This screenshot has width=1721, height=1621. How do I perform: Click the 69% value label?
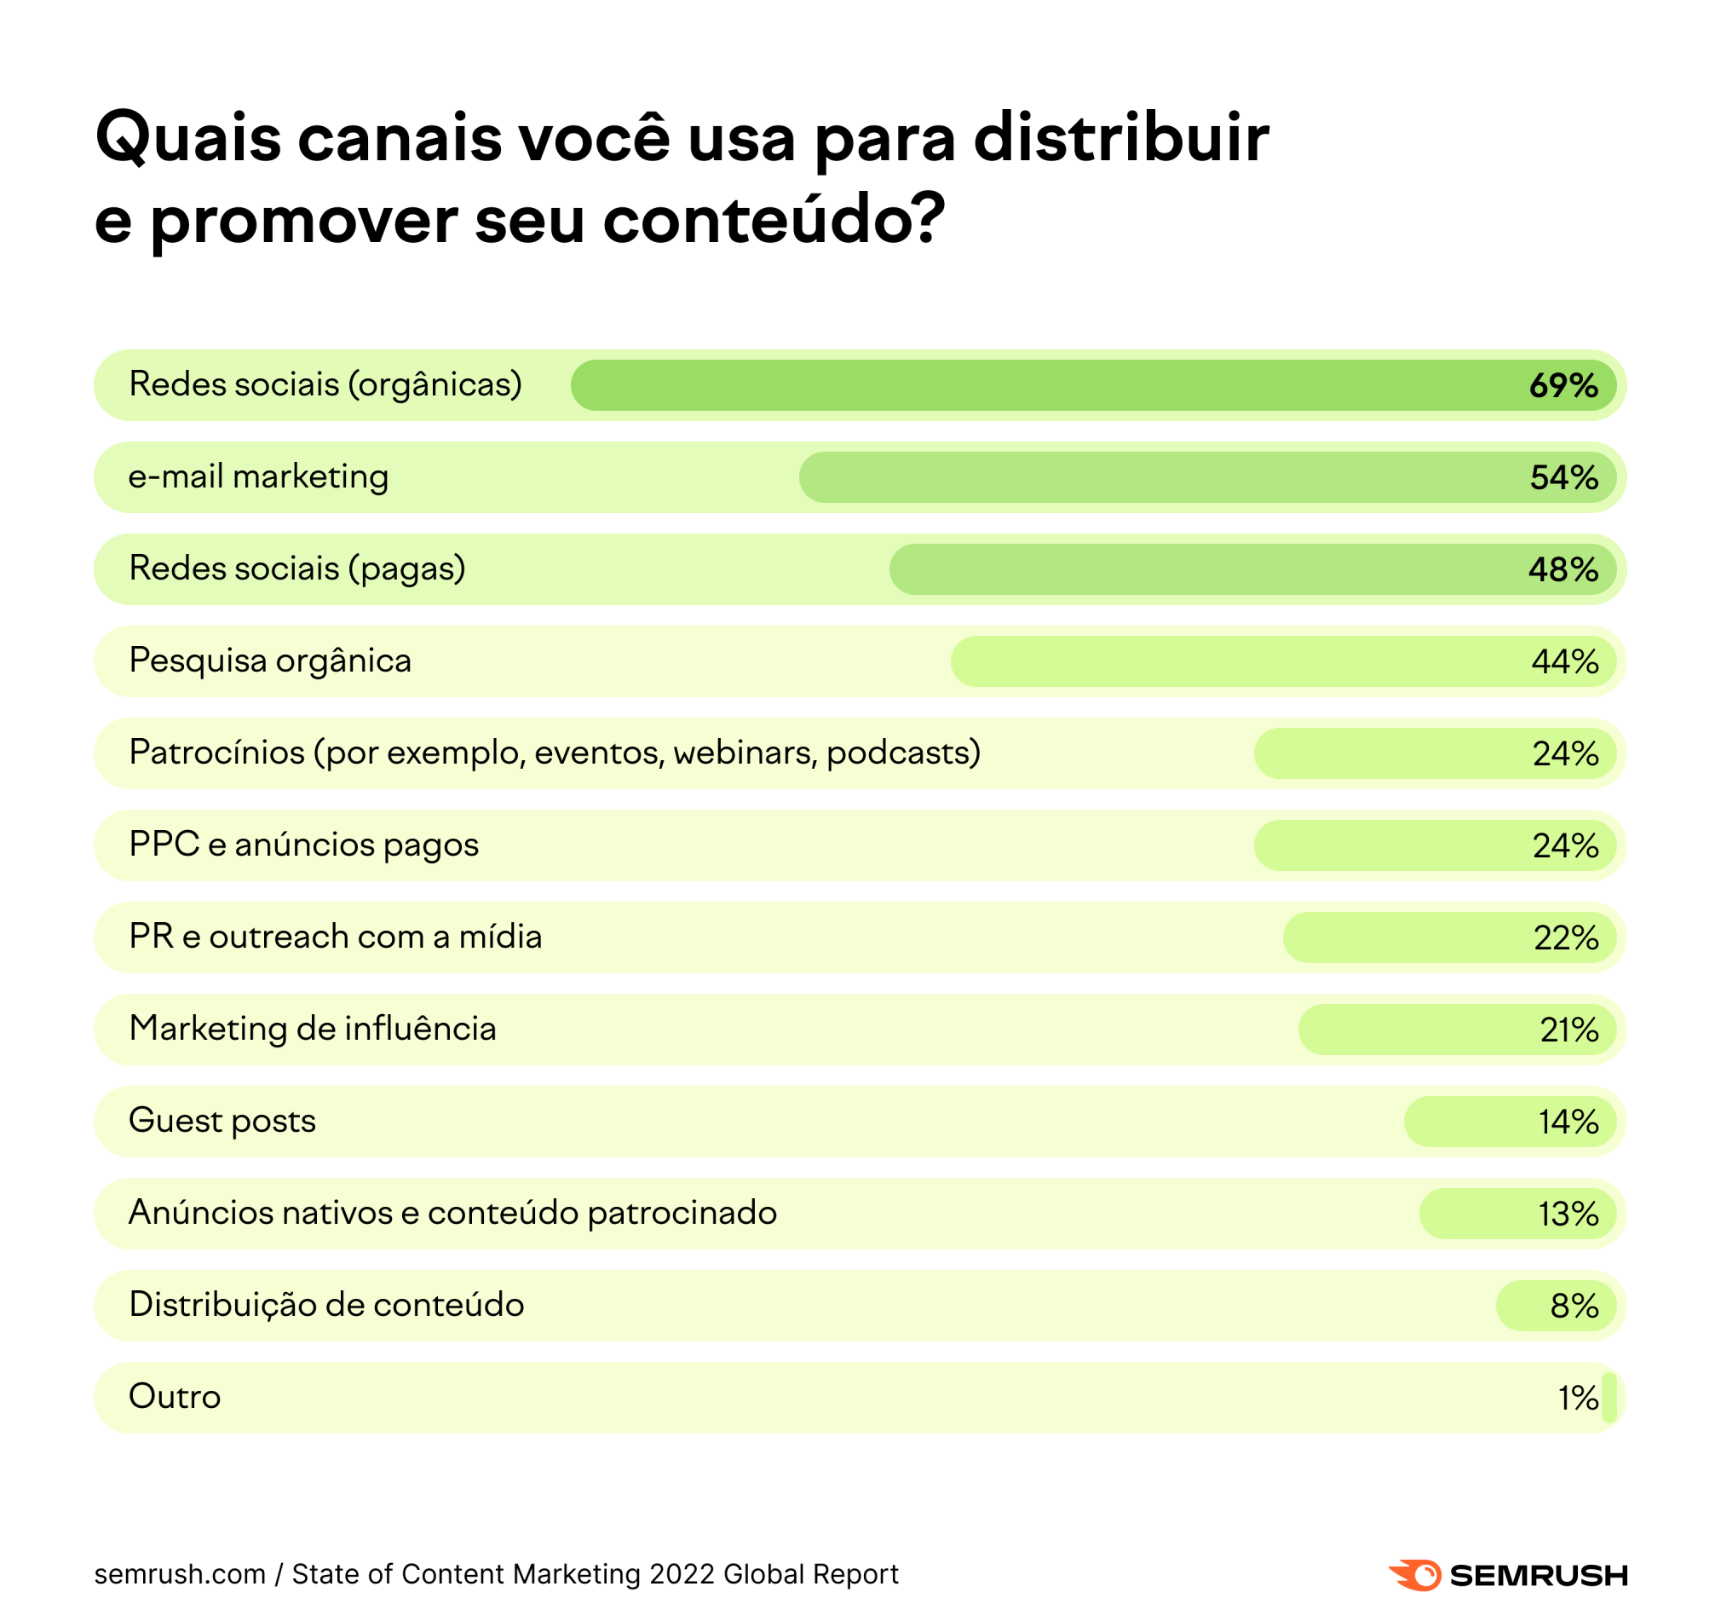pyautogui.click(x=1563, y=385)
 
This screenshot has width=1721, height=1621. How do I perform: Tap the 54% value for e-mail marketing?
pyautogui.click(x=1563, y=478)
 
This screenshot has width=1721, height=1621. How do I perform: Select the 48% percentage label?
pyautogui.click(x=1563, y=570)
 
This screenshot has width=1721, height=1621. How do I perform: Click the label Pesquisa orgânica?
pyautogui.click(x=270, y=661)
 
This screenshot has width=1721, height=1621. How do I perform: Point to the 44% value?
pyautogui.click(x=1565, y=662)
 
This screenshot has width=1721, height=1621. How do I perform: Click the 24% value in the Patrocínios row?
pyautogui.click(x=1565, y=754)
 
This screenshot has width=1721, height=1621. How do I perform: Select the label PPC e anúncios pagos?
pyautogui.click(x=304, y=845)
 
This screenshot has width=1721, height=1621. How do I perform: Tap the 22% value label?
pyautogui.click(x=1565, y=937)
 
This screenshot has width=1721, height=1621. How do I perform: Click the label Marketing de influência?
pyautogui.click(x=313, y=1029)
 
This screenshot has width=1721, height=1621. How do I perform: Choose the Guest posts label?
pyautogui.click(x=222, y=1121)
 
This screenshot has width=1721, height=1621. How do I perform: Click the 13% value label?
pyautogui.click(x=1568, y=1214)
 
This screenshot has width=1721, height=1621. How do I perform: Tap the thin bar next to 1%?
pyautogui.click(x=1609, y=1398)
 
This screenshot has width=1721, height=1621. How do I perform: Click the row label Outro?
pyautogui.click(x=175, y=1397)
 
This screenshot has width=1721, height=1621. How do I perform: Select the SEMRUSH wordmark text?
pyautogui.click(x=1540, y=1576)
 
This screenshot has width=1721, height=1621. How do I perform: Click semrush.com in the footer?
pyautogui.click(x=180, y=1574)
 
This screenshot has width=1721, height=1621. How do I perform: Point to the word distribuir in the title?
pyautogui.click(x=1121, y=139)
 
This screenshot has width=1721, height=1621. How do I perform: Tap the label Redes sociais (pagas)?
pyautogui.click(x=297, y=569)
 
